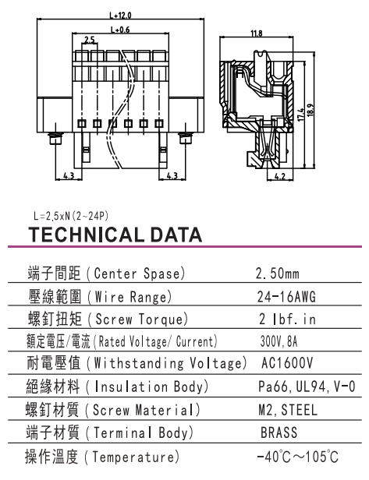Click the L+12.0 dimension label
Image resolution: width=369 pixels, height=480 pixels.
point(120,15)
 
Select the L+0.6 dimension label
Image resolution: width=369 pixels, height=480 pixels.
point(120,30)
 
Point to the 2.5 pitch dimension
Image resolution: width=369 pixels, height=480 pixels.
point(90,40)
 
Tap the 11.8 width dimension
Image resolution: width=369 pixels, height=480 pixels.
point(257,33)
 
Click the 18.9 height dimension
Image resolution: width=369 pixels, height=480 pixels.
point(310,111)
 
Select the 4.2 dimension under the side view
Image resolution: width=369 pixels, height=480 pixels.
point(279,176)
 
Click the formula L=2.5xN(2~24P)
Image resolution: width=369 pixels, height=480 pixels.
point(71,216)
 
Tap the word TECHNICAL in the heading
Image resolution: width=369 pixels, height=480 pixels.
point(86,235)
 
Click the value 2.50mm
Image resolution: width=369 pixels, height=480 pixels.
point(278,274)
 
